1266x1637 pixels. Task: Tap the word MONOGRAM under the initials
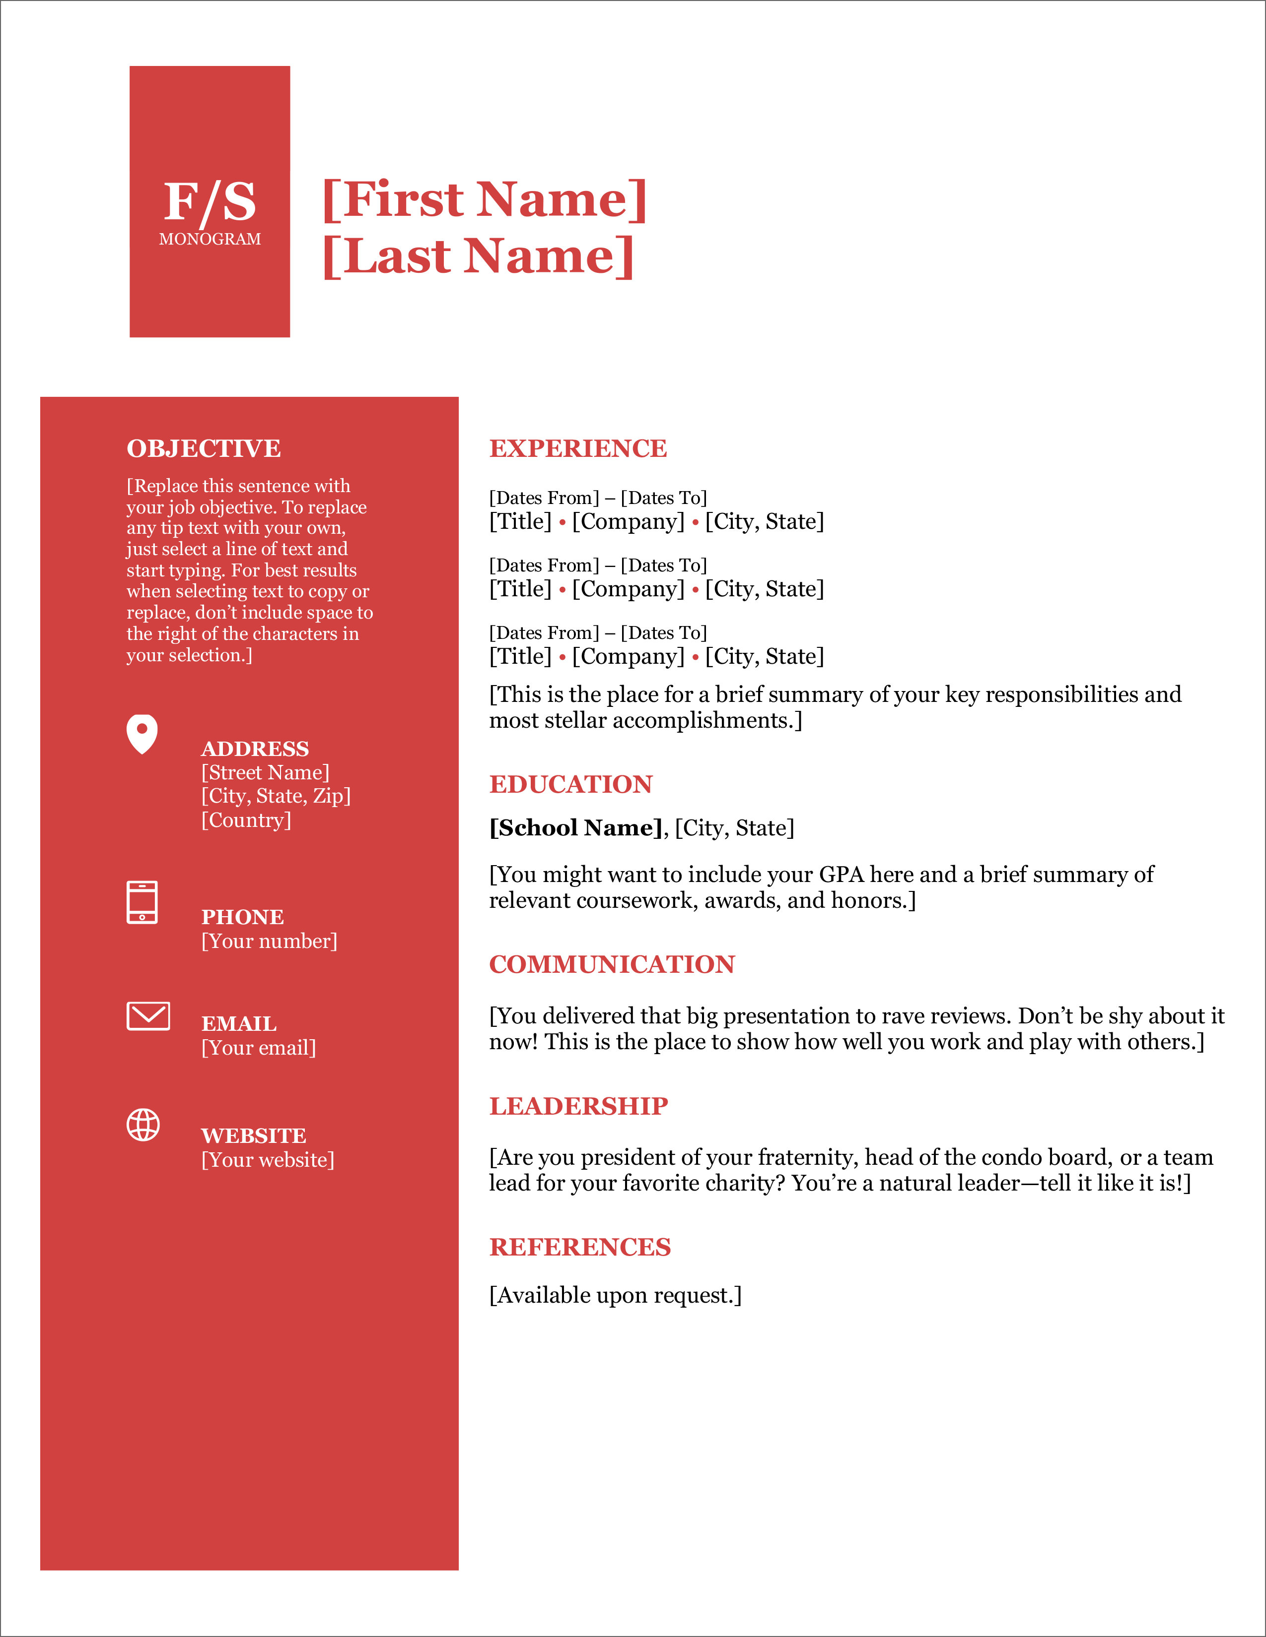click(x=210, y=239)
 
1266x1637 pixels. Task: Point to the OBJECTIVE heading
click(x=203, y=448)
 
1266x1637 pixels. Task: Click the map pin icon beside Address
click(x=142, y=733)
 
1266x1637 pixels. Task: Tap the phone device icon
click(x=142, y=902)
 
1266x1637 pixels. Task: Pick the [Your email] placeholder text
click(x=259, y=1047)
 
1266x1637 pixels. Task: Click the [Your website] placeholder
click(x=268, y=1160)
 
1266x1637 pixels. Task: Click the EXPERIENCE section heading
click(x=577, y=448)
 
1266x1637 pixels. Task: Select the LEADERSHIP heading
click(x=578, y=1106)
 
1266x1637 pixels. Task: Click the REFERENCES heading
click(x=580, y=1247)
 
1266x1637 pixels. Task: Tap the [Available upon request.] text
click(x=615, y=1295)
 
